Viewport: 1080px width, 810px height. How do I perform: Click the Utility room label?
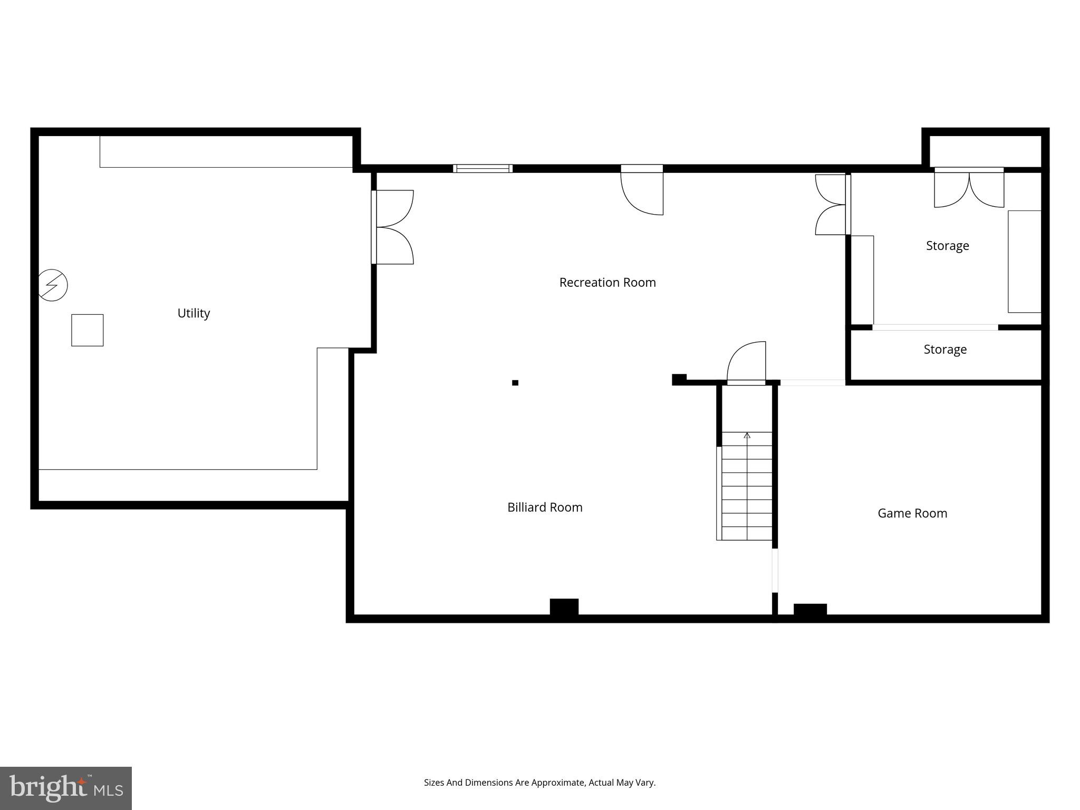(x=194, y=313)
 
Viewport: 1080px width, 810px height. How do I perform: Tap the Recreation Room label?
(x=607, y=283)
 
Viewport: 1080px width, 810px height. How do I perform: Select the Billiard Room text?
(x=545, y=507)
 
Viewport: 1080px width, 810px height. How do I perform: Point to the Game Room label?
(x=912, y=513)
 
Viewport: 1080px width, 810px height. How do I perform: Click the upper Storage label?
(x=947, y=246)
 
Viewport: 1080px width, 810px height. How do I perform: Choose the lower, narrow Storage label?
(x=945, y=350)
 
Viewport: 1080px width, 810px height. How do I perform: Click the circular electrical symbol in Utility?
(x=53, y=285)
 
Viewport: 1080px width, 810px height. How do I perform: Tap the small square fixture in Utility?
(x=88, y=330)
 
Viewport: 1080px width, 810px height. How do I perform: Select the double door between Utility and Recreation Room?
(x=393, y=227)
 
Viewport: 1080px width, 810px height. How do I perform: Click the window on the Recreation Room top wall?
(x=483, y=169)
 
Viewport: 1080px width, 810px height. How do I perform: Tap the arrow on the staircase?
(x=747, y=436)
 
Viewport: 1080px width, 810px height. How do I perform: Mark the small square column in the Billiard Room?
(x=515, y=383)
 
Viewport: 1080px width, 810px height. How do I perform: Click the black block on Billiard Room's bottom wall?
(x=564, y=607)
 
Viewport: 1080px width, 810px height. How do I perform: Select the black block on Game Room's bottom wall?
(x=810, y=610)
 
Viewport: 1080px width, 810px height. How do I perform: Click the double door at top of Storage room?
(x=969, y=188)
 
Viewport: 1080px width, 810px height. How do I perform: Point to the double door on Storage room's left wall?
(x=832, y=205)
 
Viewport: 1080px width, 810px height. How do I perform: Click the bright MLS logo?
(x=66, y=788)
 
